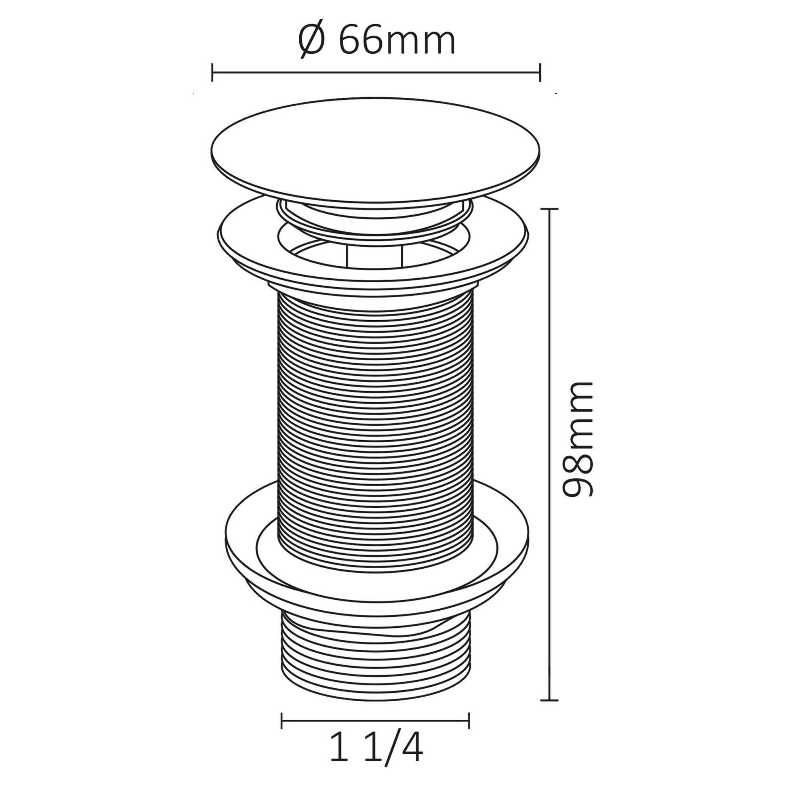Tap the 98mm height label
point(577,439)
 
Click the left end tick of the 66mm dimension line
point(212,72)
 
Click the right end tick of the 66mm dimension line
point(540,72)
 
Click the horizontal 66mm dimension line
point(376,72)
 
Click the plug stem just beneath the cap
point(374,216)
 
